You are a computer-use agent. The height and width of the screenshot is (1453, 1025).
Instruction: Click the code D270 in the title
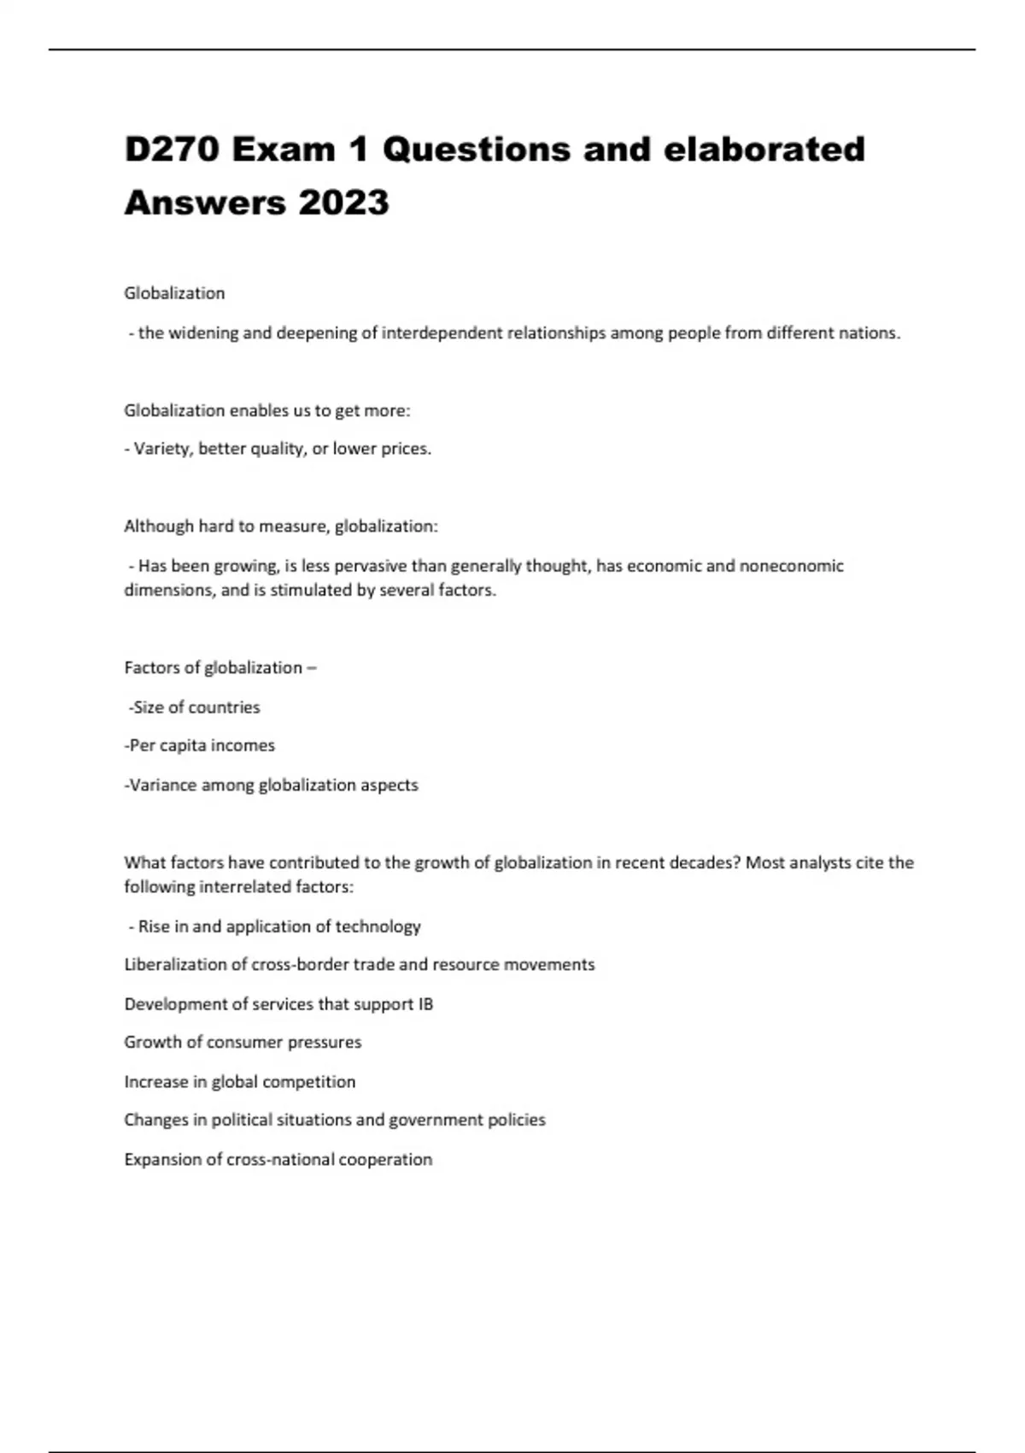tap(173, 150)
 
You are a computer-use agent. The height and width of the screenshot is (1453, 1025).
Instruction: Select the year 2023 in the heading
tap(343, 203)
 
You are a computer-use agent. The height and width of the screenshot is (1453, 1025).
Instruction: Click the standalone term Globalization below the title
tap(174, 293)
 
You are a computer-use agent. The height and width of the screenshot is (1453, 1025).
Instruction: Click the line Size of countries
tap(196, 708)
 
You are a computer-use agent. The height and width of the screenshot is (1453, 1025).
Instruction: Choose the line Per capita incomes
tap(200, 745)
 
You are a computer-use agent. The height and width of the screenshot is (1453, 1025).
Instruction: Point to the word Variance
tap(163, 785)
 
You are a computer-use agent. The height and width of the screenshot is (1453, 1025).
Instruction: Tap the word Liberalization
tap(175, 965)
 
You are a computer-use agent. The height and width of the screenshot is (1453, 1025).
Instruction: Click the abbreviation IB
tap(425, 1004)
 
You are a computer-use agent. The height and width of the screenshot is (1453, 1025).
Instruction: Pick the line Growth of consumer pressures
tap(243, 1043)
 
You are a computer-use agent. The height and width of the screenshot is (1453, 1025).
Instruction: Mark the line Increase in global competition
tap(239, 1082)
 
